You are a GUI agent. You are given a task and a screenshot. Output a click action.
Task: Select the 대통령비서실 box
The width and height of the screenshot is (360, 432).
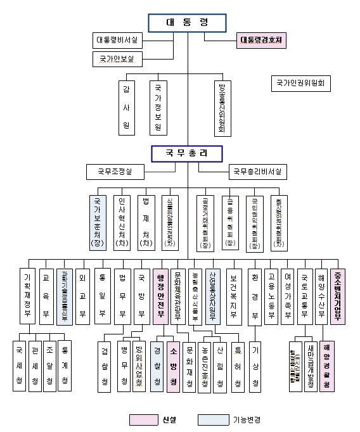pyautogui.click(x=117, y=41)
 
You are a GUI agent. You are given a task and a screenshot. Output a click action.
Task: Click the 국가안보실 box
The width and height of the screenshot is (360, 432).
pyautogui.click(x=117, y=59)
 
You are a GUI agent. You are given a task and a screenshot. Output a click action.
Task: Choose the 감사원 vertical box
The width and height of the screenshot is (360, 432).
pyautogui.click(x=126, y=107)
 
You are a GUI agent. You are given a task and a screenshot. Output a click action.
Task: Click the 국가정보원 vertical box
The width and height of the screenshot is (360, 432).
pyautogui.click(x=158, y=107)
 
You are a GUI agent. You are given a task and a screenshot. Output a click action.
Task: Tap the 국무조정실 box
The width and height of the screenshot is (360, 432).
pyautogui.click(x=115, y=172)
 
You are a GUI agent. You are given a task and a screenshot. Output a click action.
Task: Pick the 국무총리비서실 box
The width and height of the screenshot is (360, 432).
pyautogui.click(x=257, y=172)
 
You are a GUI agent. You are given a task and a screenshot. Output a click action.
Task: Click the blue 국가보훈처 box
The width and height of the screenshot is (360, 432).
pyautogui.click(x=98, y=221)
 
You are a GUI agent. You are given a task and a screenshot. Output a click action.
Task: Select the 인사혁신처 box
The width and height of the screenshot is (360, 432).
pyautogui.click(x=122, y=221)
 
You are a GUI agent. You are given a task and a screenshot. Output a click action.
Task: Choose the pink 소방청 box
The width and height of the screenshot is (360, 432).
pyautogui.click(x=172, y=365)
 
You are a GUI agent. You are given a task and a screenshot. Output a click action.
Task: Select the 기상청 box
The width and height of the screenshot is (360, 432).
pyautogui.click(x=255, y=365)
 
